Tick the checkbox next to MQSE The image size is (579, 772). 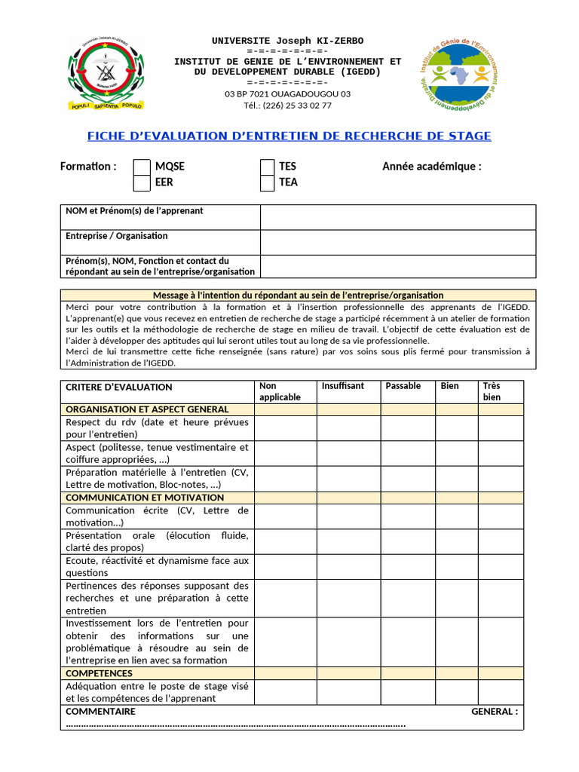(142, 167)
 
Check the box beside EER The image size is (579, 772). (142, 182)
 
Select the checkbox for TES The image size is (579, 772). (267, 167)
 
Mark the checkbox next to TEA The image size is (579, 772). (267, 182)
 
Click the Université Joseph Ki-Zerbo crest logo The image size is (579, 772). (105, 74)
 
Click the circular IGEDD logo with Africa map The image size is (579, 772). (458, 74)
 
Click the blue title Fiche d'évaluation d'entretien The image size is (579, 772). (289, 136)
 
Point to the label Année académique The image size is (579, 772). (431, 167)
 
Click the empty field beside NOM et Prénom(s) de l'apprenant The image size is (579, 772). (398, 217)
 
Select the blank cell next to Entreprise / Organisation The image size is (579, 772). (398, 242)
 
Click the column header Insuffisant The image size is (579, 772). (342, 386)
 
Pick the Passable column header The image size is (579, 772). (403, 386)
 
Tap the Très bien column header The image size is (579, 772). (492, 391)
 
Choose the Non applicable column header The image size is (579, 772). (280, 391)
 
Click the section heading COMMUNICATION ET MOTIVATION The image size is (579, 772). (145, 498)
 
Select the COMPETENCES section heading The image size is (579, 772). (99, 673)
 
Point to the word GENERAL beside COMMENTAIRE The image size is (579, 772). (495, 711)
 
